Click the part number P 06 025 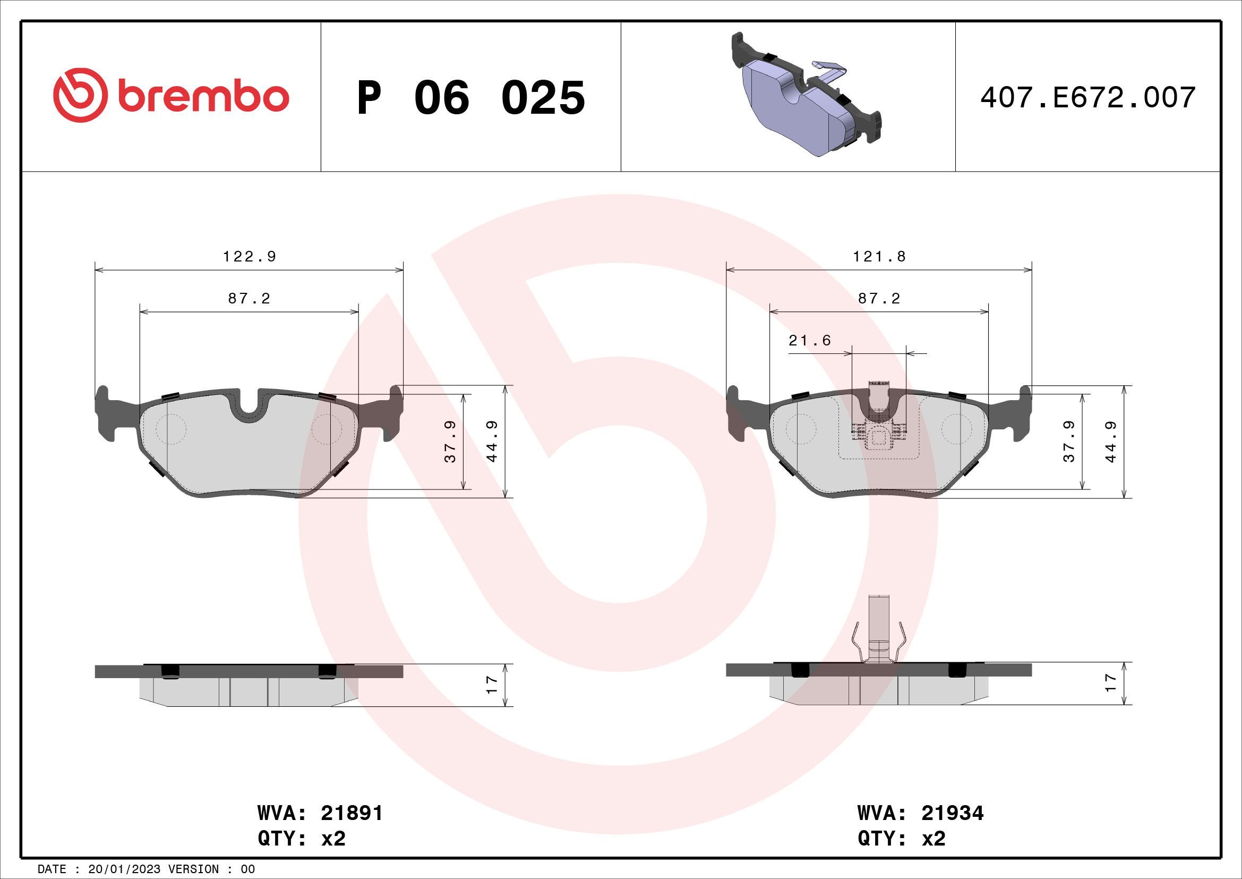click(x=470, y=98)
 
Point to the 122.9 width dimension click(x=250, y=257)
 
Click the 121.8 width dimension click(x=879, y=257)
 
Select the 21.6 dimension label click(x=809, y=341)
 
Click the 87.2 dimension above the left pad click(x=249, y=298)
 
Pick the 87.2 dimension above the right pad click(x=879, y=298)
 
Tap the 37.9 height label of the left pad click(x=451, y=442)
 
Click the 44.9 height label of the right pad click(x=1110, y=442)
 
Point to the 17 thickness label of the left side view click(x=492, y=684)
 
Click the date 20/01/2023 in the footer click(x=124, y=869)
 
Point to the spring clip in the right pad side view click(x=879, y=647)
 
